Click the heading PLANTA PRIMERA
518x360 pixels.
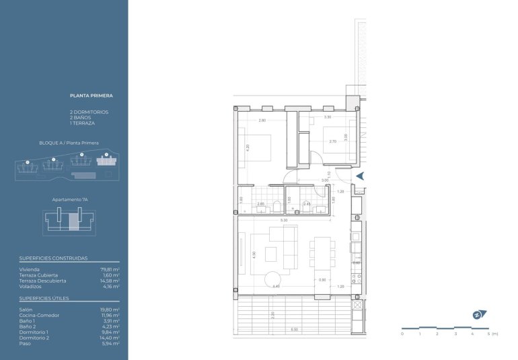[91, 96]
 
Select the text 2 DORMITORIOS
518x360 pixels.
[89, 112]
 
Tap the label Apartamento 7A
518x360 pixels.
[71, 200]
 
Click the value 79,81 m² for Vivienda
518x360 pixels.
[110, 269]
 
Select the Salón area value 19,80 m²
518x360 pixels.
[110, 310]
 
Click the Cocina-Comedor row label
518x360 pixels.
[39, 315]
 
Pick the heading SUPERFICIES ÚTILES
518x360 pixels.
[44, 297]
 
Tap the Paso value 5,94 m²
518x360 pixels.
[110, 343]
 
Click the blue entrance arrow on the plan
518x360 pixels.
[360, 175]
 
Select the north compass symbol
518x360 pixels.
[478, 314]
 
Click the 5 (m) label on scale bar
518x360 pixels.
[493, 334]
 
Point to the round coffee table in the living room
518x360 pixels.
[272, 279]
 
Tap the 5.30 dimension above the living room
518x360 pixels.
[285, 219]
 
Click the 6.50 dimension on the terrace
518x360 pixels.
[294, 330]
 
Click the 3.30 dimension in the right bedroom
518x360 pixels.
[327, 117]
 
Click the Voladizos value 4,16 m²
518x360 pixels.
[111, 287]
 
